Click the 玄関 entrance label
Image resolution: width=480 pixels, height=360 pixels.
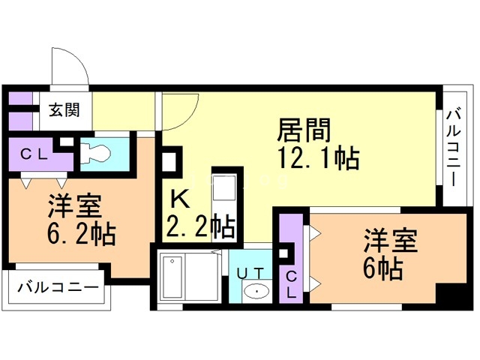click(64, 110)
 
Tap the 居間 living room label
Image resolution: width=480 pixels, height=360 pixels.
click(304, 130)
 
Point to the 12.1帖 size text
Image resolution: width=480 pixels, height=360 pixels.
click(318, 158)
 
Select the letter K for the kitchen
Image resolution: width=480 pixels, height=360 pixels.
click(180, 199)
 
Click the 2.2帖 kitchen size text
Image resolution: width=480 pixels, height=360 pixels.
click(200, 227)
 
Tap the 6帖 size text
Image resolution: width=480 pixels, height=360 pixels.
click(382, 268)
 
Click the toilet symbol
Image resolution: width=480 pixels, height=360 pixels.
click(96, 154)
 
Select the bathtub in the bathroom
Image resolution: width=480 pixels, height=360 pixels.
click(172, 277)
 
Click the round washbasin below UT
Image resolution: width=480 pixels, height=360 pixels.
click(256, 291)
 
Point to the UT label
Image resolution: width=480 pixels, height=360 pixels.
click(250, 273)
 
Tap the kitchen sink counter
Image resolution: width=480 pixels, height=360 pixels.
click(224, 205)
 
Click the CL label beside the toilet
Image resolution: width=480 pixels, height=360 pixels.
click(34, 154)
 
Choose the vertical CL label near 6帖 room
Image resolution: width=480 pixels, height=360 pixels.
click(291, 285)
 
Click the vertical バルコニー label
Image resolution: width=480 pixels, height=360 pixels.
click(454, 148)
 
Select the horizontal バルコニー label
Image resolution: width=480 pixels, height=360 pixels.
click(58, 287)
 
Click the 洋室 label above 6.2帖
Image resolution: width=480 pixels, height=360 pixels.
click(75, 206)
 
